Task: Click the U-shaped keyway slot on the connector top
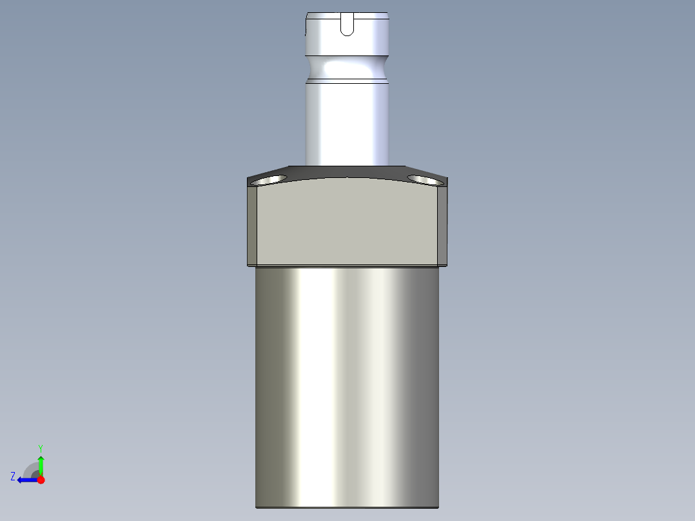pos(347,25)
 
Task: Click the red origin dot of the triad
pos(41,480)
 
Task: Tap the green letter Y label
pos(41,447)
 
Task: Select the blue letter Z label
pos(13,477)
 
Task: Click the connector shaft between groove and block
pos(347,123)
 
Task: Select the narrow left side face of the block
pos(252,226)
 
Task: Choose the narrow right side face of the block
pos(442,226)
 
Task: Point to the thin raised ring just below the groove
pos(347,81)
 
